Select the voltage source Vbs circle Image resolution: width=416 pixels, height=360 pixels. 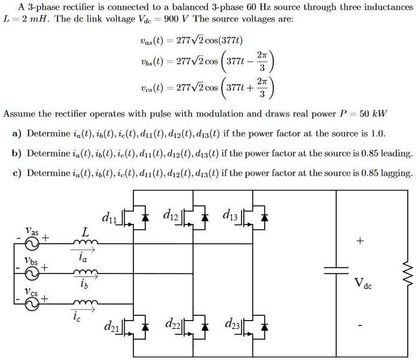32,272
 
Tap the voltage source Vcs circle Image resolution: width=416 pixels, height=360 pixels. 32,302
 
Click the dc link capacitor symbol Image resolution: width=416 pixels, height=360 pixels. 335,270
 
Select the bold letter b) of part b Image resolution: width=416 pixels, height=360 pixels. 17,153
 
